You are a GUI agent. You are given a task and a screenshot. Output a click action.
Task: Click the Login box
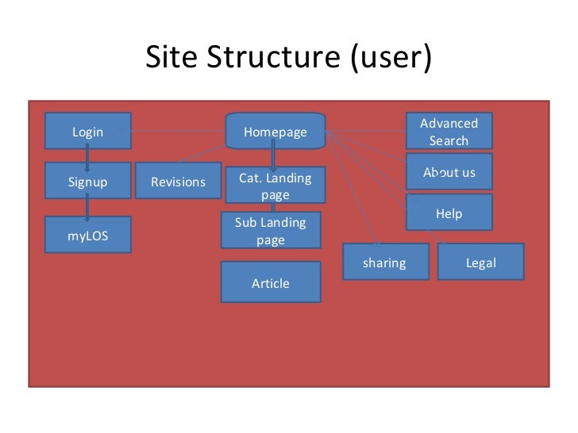(x=87, y=132)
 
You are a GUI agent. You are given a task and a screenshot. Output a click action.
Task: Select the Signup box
(x=87, y=182)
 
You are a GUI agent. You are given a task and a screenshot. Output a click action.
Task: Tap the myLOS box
(x=87, y=236)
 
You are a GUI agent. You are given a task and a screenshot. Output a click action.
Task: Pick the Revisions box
(x=178, y=182)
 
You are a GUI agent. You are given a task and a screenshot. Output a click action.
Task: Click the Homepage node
(x=275, y=132)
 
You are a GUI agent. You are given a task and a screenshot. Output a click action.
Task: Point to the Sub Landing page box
(x=270, y=231)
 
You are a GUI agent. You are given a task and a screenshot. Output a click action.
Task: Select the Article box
(x=270, y=282)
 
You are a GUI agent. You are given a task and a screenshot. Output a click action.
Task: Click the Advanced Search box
(x=449, y=132)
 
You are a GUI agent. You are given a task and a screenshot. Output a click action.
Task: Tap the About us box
(x=449, y=172)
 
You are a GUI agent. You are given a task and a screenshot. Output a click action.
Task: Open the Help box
(x=449, y=213)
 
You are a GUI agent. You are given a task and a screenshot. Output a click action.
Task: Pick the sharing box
(x=384, y=262)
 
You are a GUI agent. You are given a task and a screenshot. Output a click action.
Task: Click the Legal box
(x=480, y=262)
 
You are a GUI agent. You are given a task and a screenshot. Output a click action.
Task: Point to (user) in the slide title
(x=391, y=57)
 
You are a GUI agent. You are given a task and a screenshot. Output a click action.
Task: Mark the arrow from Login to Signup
(x=87, y=156)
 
